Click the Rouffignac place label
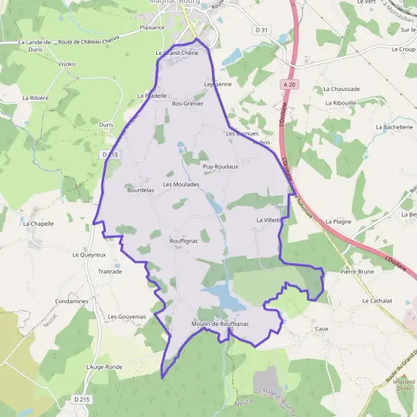185,241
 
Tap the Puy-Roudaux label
220,167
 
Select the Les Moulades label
181,184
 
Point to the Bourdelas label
140,188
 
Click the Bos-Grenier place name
188,104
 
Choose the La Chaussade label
342,89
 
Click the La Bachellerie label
395,127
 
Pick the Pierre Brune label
357,272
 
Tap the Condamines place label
71,301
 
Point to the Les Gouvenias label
126,316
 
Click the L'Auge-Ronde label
104,366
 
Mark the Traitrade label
110,272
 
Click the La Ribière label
35,99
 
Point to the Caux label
321,328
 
